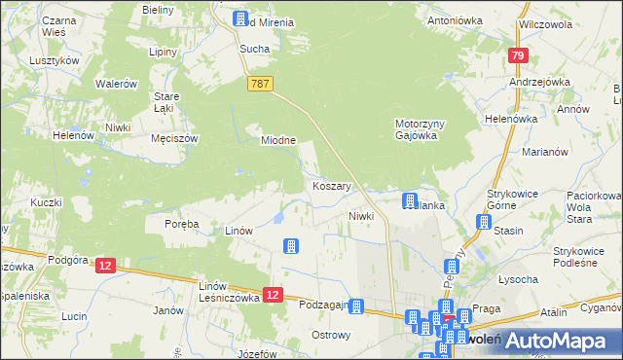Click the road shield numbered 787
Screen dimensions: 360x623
[259, 85]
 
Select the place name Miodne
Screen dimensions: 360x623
[277, 140]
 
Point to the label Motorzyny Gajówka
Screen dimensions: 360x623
[421, 129]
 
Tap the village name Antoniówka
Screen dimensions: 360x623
[455, 19]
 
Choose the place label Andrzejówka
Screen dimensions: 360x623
[538, 83]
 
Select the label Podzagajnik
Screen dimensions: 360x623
[325, 305]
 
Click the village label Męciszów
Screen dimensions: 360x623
[174, 139]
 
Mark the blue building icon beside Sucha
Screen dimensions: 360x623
[240, 19]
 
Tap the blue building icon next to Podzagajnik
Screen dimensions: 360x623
[357, 306]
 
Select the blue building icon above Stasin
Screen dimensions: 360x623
[484, 223]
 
